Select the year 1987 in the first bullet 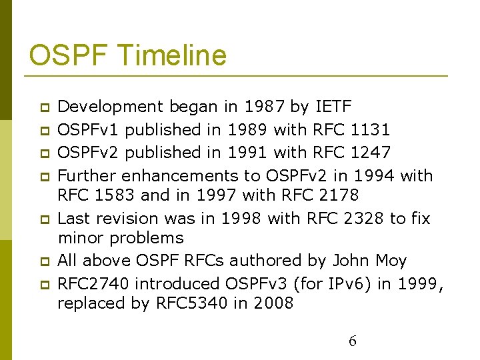click(263, 107)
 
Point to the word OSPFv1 click(89, 129)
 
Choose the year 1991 click(247, 153)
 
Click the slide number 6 click(353, 341)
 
